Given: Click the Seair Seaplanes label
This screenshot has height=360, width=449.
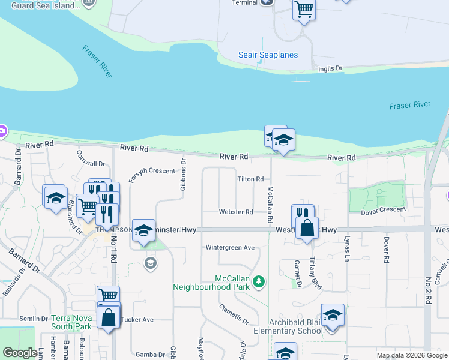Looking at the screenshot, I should click(x=268, y=55).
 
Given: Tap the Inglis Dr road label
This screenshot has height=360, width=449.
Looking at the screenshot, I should click(x=330, y=68).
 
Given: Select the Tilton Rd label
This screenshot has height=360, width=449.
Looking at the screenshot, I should click(x=250, y=179).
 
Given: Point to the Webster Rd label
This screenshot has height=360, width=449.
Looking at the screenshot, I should click(x=235, y=212).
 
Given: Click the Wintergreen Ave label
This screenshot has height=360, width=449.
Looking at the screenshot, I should click(x=230, y=247).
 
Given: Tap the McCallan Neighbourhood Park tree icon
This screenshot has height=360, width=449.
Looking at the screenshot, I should click(x=259, y=280).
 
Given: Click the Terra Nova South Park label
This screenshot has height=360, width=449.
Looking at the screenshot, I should click(x=71, y=322).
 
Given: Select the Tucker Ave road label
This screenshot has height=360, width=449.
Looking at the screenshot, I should click(x=137, y=319).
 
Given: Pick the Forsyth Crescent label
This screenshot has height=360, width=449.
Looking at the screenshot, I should click(x=151, y=171).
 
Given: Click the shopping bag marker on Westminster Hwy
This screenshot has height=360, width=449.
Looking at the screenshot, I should click(x=307, y=229).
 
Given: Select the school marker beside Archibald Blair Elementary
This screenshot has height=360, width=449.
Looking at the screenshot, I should click(x=332, y=316).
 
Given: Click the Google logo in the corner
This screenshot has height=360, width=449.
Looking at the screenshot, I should click(x=20, y=353).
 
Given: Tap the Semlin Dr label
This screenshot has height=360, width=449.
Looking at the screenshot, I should click(x=33, y=319).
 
